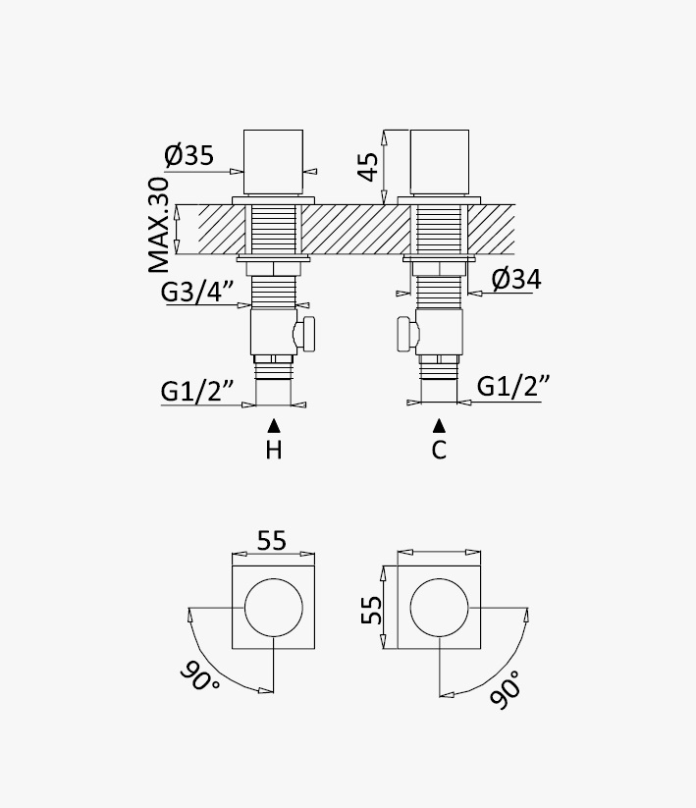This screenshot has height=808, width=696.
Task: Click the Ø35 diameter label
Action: (188, 154)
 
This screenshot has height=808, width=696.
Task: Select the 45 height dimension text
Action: (368, 167)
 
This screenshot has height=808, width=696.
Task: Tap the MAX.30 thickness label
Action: (159, 225)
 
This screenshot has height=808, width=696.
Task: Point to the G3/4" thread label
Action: (198, 293)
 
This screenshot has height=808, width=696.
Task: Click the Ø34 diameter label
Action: (516, 279)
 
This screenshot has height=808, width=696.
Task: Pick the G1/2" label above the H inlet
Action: (198, 391)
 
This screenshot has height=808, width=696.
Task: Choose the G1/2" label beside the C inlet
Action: (513, 386)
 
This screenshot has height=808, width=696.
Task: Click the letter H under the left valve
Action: (274, 451)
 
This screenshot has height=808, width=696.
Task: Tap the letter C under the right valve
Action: (439, 451)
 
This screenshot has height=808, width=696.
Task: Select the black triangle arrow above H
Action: (274, 426)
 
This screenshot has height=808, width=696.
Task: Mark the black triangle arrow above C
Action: (439, 425)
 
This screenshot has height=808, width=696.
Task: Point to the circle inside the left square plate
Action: (274, 608)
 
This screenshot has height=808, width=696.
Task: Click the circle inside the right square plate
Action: (440, 608)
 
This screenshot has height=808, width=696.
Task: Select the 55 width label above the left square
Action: (272, 541)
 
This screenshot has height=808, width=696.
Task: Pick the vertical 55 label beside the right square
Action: (371, 610)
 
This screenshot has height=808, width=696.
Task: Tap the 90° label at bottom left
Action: (200, 676)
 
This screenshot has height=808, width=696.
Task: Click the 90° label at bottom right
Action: (506, 690)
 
